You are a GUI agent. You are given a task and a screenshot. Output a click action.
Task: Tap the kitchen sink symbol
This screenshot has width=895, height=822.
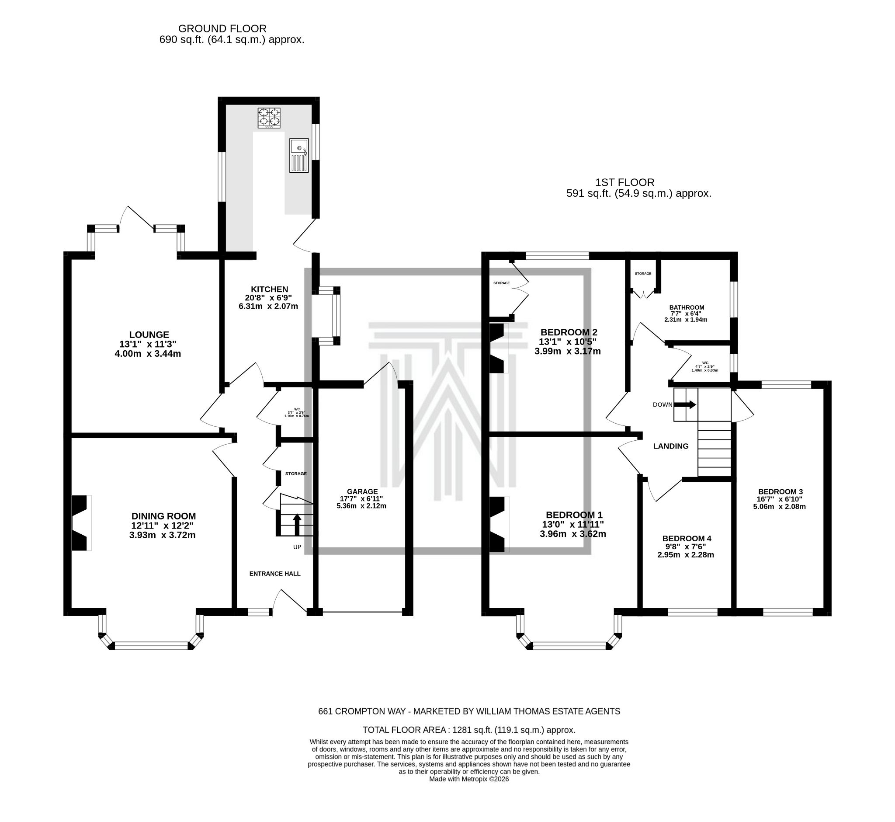coord(299,155)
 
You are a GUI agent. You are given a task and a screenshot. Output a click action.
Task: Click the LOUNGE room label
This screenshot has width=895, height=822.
coord(149,334)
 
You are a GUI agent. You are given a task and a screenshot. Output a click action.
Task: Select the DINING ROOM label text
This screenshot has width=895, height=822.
coord(163,516)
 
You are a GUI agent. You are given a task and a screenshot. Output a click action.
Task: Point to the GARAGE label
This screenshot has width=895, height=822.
coord(362,491)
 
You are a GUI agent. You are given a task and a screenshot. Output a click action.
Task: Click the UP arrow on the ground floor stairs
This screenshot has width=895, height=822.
coord(297,524)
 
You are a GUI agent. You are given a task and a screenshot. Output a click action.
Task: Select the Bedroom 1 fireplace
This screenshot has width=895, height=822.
coord(498,524)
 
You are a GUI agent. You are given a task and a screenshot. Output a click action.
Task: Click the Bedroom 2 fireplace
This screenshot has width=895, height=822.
coord(497,348)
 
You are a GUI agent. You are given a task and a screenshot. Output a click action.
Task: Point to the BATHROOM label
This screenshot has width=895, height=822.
coord(687,307)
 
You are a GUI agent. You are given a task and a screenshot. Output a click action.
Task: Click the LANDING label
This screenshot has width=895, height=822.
coord(670,446)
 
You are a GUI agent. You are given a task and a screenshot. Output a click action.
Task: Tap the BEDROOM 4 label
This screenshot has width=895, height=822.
coord(686,538)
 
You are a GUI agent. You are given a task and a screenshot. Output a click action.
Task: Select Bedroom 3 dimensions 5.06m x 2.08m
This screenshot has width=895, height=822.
coord(779,506)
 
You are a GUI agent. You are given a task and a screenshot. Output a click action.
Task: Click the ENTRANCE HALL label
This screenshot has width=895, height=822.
coord(275,573)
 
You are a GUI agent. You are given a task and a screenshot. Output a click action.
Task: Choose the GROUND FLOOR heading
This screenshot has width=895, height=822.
coord(222,28)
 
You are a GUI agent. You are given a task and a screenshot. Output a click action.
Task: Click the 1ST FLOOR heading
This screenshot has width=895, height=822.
coord(624,182)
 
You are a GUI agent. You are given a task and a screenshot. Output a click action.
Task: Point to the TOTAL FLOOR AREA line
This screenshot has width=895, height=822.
coord(468,729)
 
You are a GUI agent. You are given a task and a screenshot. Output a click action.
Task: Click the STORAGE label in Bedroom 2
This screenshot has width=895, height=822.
coord(501,283)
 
